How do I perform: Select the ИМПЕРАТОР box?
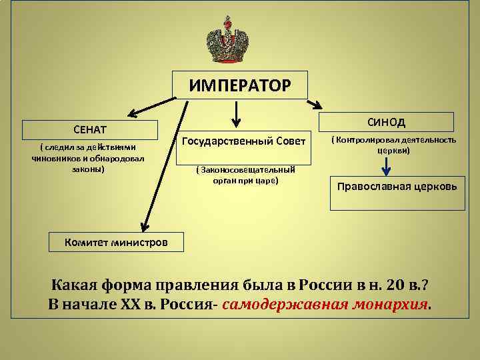pos(239,85)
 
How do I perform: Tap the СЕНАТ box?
pos(90,128)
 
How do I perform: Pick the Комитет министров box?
pos(116,241)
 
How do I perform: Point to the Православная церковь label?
pos(397,186)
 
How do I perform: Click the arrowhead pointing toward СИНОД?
pos(317,105)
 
